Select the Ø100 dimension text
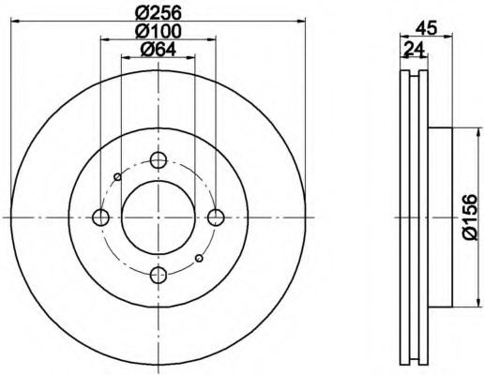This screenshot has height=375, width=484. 159,31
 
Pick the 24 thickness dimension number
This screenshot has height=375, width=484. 414,50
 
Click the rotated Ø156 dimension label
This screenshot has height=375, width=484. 470,217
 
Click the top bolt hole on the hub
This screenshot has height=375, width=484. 159,160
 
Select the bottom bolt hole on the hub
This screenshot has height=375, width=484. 159,275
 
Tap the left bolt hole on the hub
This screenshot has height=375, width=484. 101,217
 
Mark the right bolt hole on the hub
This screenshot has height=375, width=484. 216,217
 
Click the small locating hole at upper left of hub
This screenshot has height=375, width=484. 117,177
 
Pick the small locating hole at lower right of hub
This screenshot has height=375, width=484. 199,258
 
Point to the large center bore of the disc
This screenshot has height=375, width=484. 159,217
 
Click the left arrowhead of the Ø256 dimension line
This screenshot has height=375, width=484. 15,22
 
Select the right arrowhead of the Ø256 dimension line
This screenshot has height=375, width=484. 302,22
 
